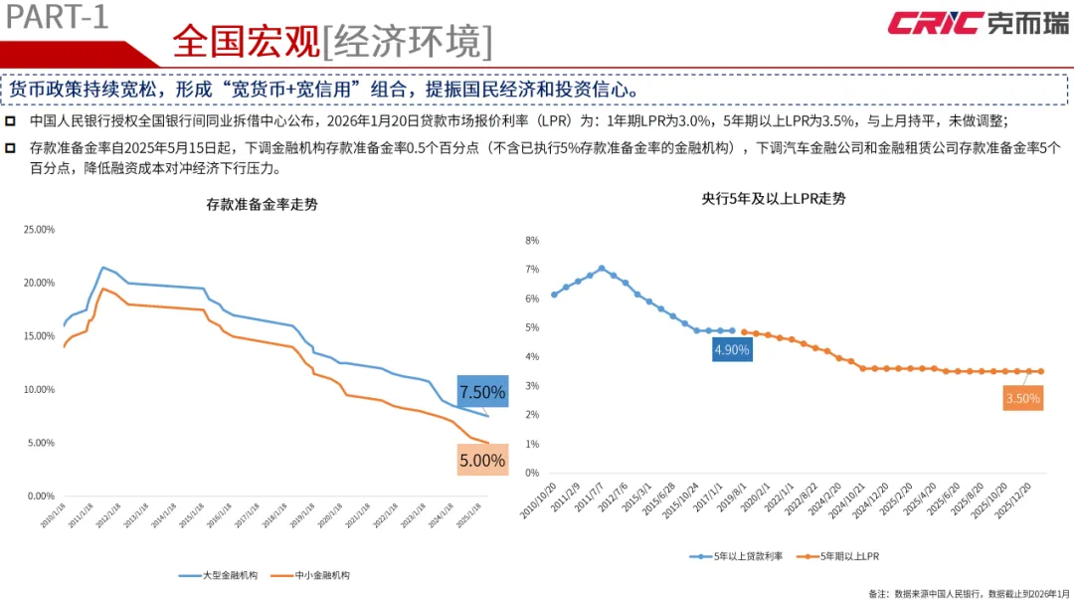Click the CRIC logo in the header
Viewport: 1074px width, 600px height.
coord(978,23)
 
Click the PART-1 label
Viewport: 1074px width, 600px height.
coord(56,17)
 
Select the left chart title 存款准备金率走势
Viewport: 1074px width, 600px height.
coord(263,205)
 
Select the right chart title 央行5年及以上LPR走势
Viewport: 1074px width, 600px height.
coord(773,198)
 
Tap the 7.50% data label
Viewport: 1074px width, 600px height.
coord(482,391)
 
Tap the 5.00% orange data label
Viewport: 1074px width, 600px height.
coord(482,460)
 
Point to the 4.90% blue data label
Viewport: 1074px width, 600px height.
coord(731,349)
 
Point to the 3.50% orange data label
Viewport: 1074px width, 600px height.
coord(1023,399)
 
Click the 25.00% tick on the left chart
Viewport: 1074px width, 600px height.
coord(39,230)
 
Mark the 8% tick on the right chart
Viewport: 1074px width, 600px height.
coord(531,241)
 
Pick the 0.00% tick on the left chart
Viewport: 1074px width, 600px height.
coord(41,496)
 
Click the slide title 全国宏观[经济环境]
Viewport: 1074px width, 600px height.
coord(331,41)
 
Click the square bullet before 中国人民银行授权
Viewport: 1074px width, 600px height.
coord(10,121)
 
